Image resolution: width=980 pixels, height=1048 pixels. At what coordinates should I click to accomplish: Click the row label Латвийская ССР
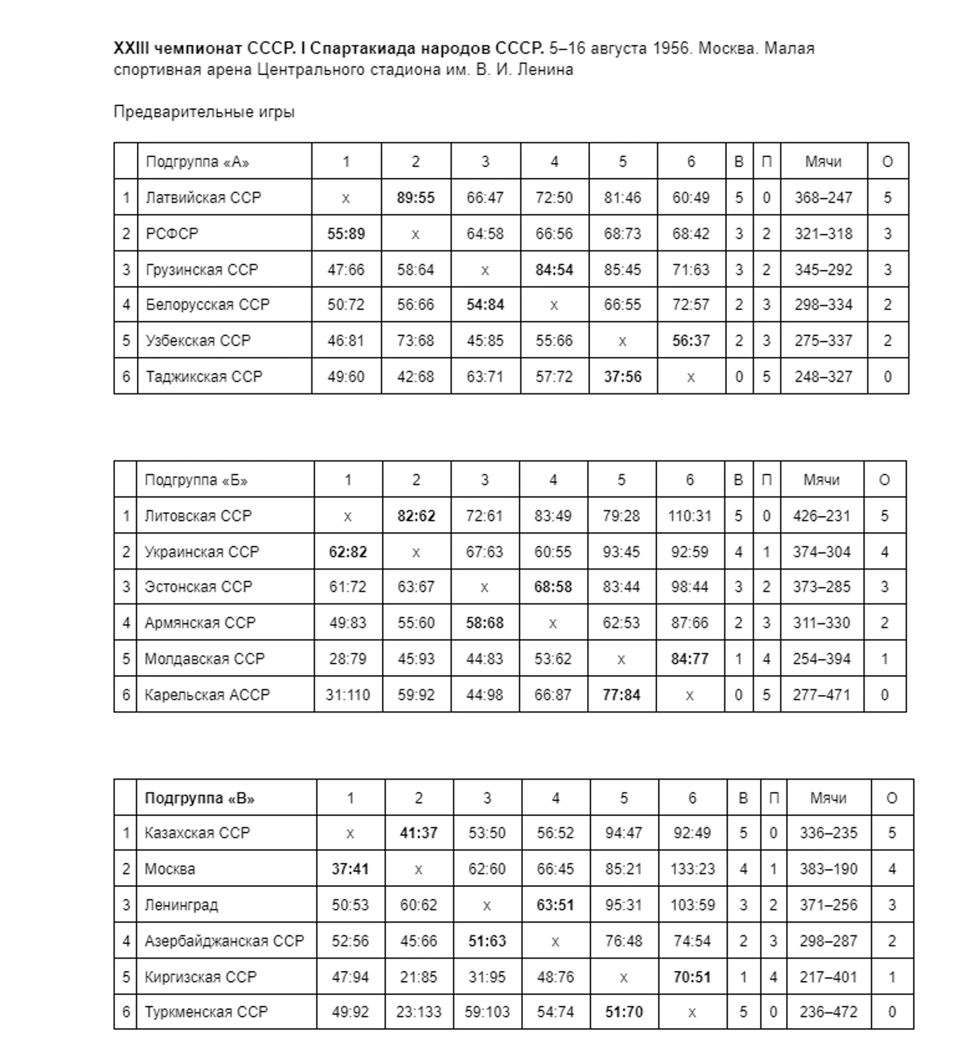coord(203,198)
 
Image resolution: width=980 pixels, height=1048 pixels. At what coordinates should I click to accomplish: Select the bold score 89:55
coord(415,198)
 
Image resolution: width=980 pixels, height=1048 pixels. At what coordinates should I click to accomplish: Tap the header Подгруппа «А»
coord(197,162)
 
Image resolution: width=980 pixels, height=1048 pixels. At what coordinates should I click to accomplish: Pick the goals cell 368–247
coord(823,198)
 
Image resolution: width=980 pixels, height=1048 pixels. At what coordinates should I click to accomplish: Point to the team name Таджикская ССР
coord(203,377)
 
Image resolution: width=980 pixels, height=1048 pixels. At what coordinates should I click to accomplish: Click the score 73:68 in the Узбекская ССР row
coord(415,341)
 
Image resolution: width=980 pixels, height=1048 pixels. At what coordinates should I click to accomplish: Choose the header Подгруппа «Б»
coord(196,480)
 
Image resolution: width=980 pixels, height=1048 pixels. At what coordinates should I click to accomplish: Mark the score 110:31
coord(689,516)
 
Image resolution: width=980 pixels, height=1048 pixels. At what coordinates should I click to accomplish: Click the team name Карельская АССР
coord(207,695)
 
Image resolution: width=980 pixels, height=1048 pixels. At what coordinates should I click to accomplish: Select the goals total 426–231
coord(821,516)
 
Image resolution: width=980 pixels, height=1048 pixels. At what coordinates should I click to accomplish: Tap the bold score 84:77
coord(689,659)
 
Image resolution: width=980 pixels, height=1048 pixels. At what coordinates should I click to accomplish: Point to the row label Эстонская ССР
coord(198,587)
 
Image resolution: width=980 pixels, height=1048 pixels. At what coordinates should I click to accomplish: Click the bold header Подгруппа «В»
coord(199,798)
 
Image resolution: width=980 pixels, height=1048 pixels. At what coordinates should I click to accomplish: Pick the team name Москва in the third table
coord(170,870)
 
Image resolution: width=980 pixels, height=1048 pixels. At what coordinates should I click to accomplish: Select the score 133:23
coord(692,870)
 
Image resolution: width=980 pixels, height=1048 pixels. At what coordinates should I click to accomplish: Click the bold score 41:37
coord(418,833)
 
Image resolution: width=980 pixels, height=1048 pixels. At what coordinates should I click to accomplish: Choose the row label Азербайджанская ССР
coord(224,941)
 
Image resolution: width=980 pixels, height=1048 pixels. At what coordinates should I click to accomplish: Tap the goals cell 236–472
coord(828,1012)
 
